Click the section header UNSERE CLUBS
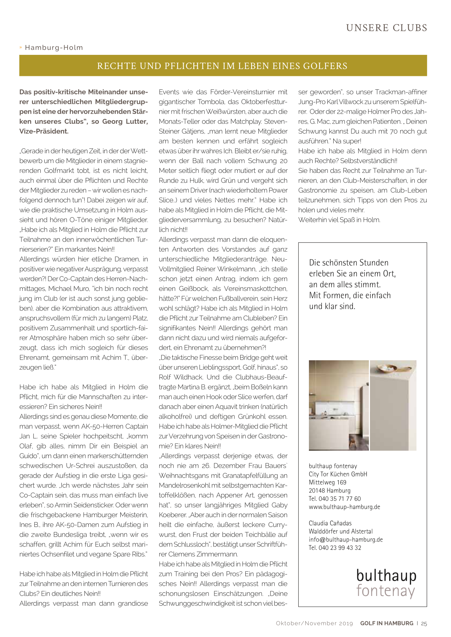tap(386, 28)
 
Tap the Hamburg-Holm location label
tap(54, 48)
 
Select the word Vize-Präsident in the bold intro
tap(44, 131)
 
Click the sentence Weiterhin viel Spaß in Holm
tap(339, 220)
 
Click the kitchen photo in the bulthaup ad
tap(339, 405)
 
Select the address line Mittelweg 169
tap(327, 482)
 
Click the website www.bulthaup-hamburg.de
tap(344, 507)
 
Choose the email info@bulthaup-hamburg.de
tap(346, 540)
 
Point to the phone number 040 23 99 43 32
tap(340, 548)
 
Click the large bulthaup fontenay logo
tap(386, 583)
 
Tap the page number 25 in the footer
tap(424, 624)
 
